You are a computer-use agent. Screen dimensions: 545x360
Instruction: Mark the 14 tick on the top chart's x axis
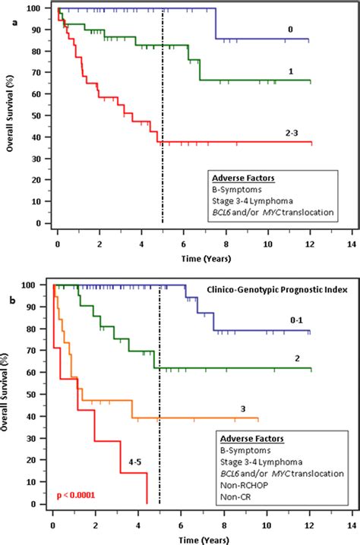pyautogui.click(x=350, y=245)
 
